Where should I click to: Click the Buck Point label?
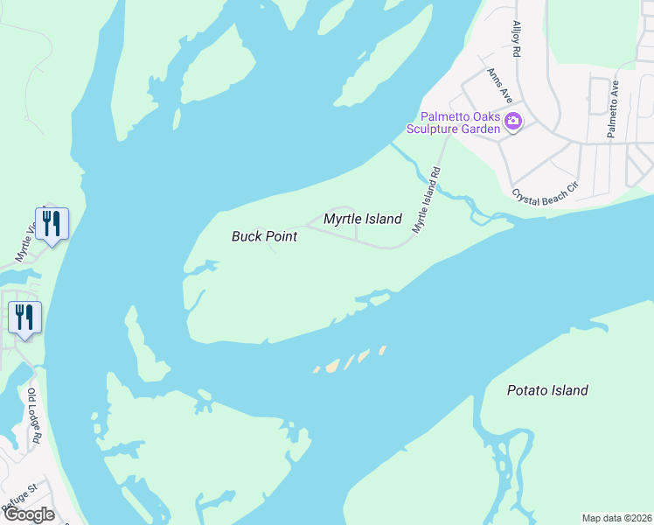[264, 236]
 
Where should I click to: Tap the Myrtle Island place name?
[362, 219]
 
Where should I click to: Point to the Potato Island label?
[547, 390]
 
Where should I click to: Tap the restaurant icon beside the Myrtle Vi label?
[52, 225]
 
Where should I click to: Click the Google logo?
[30, 514]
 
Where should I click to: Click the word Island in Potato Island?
[568, 390]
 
